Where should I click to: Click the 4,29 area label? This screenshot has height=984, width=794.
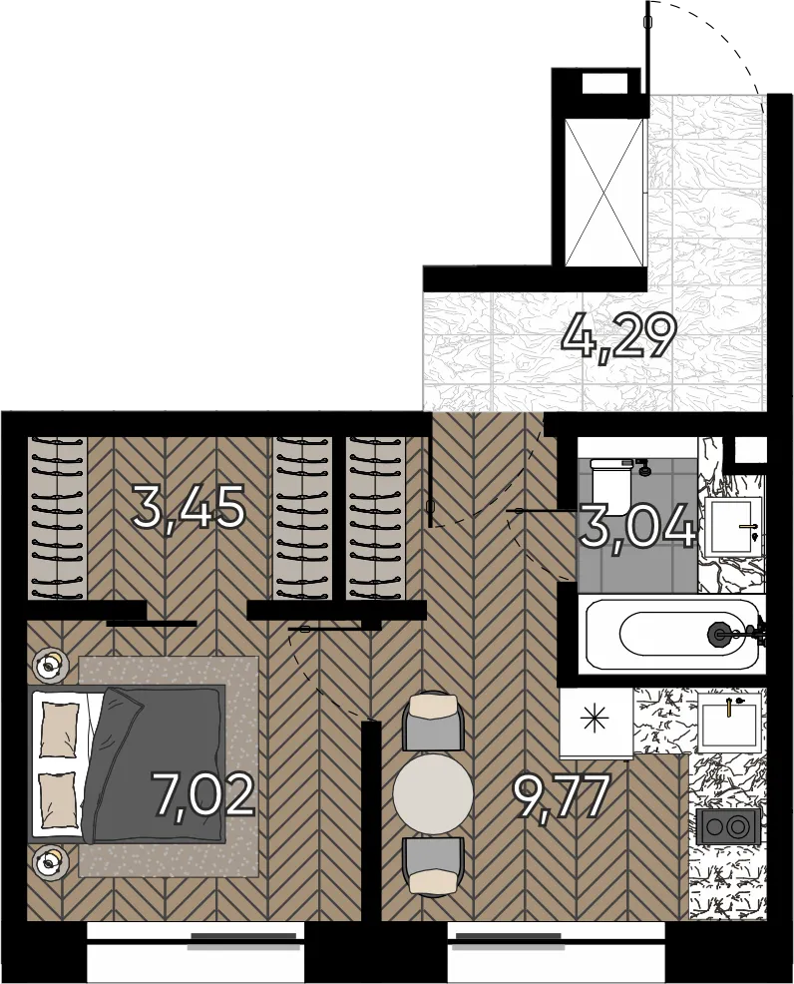pyautogui.click(x=619, y=337)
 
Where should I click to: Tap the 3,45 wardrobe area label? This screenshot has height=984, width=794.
pyautogui.click(x=189, y=508)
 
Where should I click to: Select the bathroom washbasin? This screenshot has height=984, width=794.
pyautogui.click(x=733, y=527)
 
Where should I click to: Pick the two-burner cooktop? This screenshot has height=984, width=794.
pyautogui.click(x=728, y=827)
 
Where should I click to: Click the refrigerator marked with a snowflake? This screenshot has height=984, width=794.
pyautogui.click(x=595, y=723)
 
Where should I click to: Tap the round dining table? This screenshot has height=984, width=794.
pyautogui.click(x=433, y=793)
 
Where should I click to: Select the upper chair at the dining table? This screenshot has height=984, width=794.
pyautogui.click(x=432, y=721)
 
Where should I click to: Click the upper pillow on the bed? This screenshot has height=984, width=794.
pyautogui.click(x=60, y=730)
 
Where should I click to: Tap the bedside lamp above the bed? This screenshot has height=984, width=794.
pyautogui.click(x=50, y=665)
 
